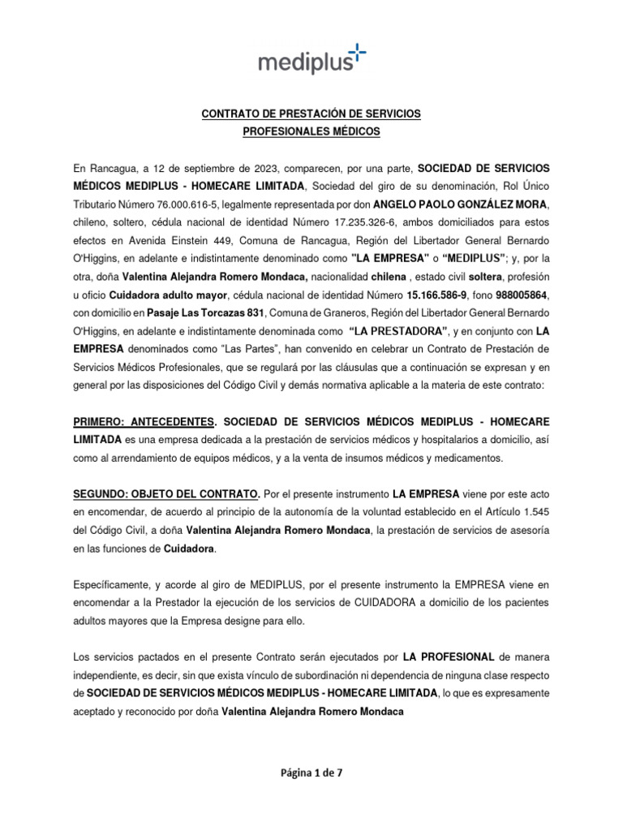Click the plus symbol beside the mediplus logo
(357, 54)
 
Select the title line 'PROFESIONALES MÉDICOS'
(311, 131)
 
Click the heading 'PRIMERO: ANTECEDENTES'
(144, 422)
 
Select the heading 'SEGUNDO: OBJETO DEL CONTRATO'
(166, 494)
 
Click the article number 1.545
(535, 512)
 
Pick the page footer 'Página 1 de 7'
(311, 773)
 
